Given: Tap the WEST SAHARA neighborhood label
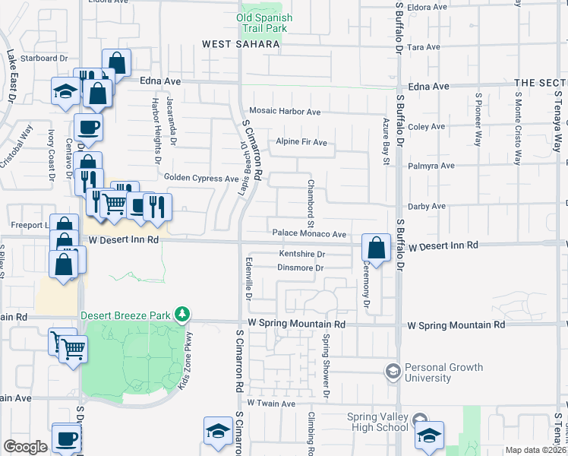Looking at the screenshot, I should (x=240, y=45).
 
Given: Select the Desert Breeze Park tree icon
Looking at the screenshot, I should (x=181, y=313).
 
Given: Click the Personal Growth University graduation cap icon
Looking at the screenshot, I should (x=393, y=372).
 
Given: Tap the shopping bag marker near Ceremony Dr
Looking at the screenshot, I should (x=376, y=247).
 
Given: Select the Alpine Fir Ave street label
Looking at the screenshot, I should (x=301, y=142).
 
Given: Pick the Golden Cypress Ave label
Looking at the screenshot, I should (x=201, y=179).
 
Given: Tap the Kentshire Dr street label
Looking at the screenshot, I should (x=301, y=254).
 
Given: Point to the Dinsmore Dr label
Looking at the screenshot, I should (x=301, y=268).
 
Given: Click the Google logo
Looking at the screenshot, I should (x=25, y=447).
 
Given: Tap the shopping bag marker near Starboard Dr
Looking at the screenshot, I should (x=116, y=62).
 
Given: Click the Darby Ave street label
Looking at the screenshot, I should (x=427, y=206).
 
